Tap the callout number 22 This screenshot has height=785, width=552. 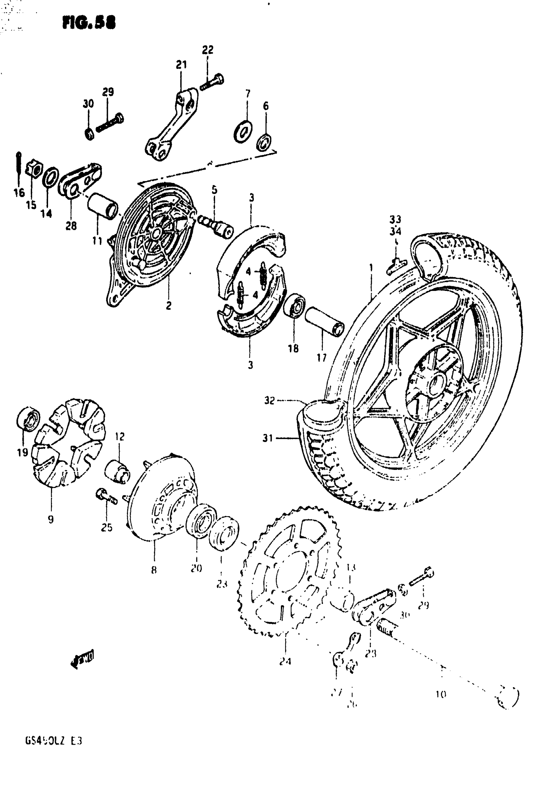point(207,50)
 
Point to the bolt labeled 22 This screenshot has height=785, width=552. point(212,82)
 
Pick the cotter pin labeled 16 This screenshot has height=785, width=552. point(19,167)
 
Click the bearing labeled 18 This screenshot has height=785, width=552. point(295,305)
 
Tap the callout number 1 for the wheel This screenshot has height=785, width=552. point(371,267)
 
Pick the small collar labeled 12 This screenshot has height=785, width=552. point(117,473)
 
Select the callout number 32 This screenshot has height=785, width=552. point(269,401)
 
